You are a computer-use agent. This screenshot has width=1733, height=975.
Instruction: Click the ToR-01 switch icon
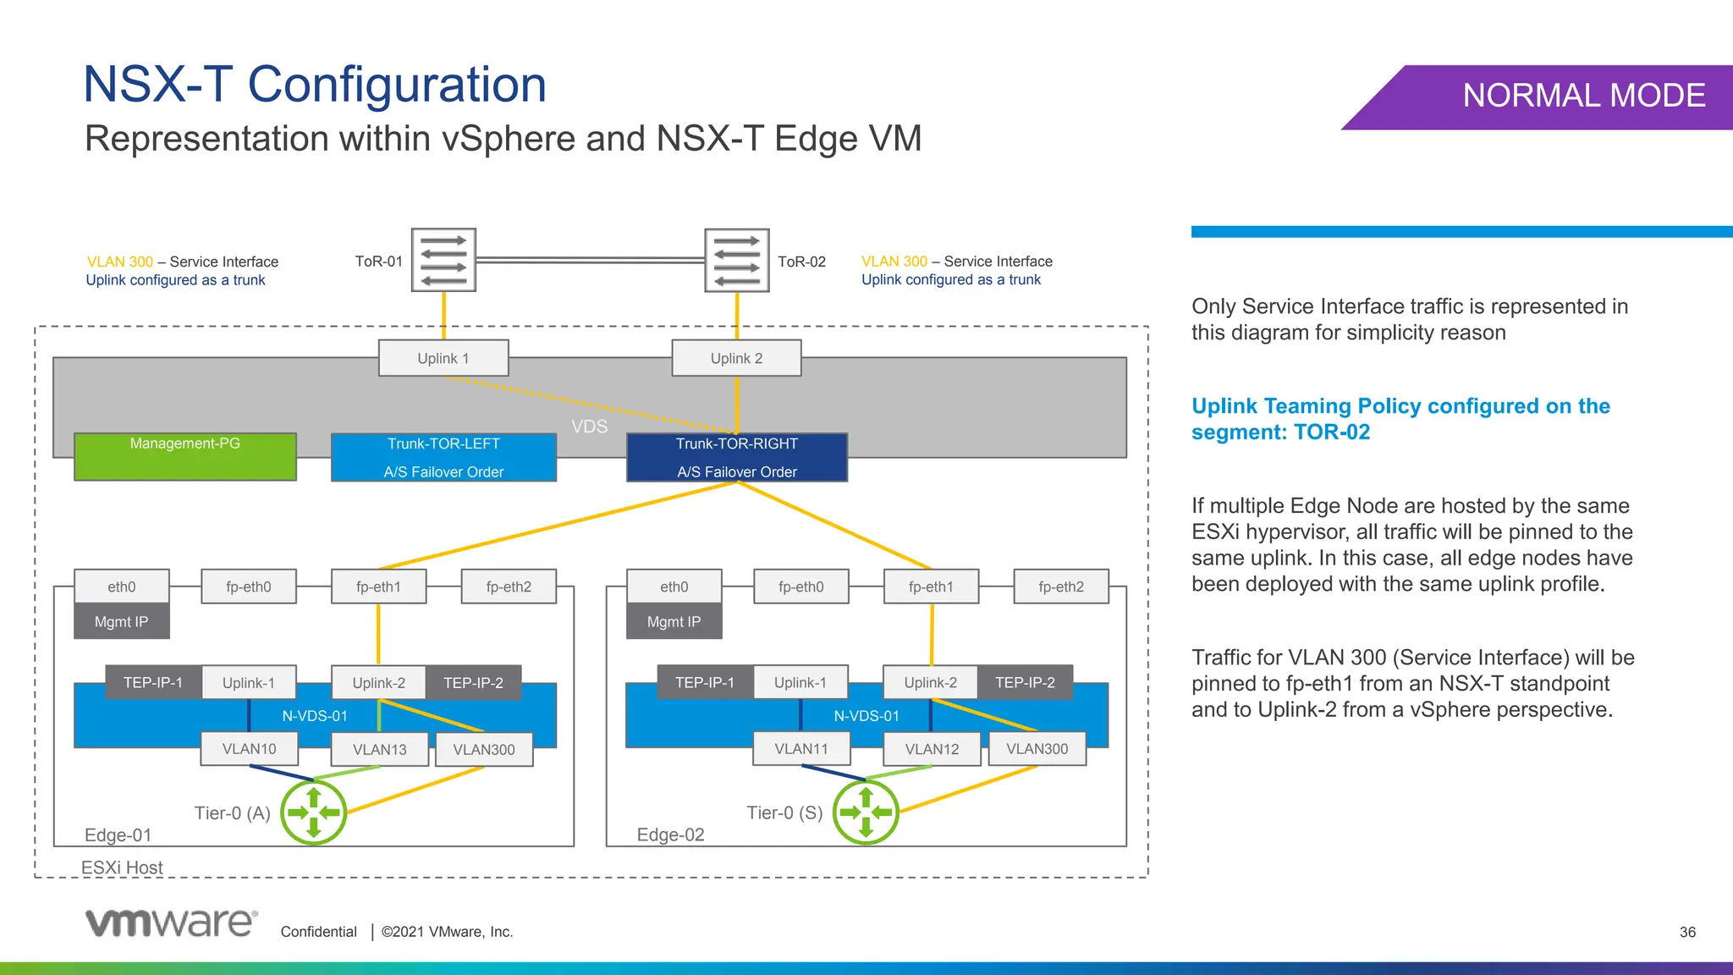[443, 260]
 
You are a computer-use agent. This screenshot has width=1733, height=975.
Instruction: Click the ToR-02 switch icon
[737, 260]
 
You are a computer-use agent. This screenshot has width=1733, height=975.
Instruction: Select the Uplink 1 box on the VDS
[443, 358]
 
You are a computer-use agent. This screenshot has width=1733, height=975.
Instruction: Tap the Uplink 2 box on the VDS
[736, 358]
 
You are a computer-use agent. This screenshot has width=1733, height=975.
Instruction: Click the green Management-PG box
[185, 457]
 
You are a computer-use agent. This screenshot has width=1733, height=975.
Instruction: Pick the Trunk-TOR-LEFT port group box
[443, 457]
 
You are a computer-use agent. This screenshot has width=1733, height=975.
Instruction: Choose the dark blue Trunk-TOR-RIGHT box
[737, 457]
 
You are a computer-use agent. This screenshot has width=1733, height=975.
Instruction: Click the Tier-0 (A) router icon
[314, 812]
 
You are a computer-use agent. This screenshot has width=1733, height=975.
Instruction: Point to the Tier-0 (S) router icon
[866, 812]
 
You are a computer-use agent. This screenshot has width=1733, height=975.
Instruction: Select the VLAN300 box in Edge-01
[484, 750]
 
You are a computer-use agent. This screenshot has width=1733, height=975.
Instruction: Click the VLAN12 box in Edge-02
[932, 749]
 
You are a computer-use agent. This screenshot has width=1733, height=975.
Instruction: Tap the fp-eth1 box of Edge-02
[931, 587]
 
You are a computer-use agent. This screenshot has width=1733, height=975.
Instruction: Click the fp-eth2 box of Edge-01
[509, 587]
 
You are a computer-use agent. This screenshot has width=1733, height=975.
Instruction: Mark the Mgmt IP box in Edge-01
[121, 621]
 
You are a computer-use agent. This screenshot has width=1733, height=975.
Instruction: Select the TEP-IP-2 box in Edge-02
[1025, 682]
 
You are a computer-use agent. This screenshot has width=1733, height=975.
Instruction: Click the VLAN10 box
[249, 749]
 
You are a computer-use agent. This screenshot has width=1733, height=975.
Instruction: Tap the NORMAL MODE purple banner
[1557, 96]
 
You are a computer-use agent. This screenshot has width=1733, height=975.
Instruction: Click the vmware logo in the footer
[171, 923]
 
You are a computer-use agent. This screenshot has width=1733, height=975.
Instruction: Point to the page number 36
[1687, 932]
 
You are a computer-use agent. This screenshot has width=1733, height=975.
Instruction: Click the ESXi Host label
[122, 868]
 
